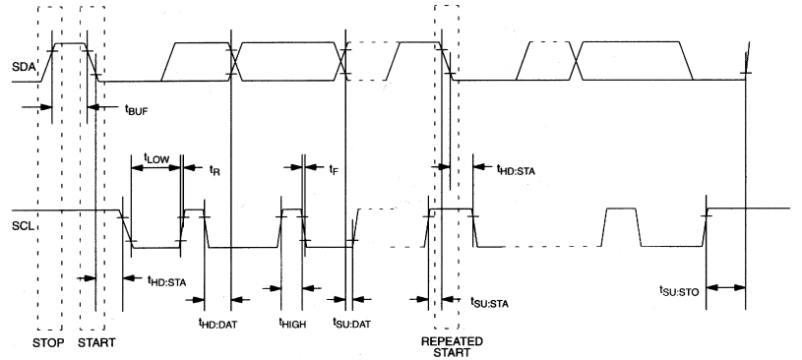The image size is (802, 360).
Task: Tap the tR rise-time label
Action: tap(215, 168)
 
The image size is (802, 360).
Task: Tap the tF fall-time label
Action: tap(333, 168)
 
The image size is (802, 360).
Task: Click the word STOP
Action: tap(49, 344)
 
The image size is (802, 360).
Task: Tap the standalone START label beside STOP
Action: tap(96, 344)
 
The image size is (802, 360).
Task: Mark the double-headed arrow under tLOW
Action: tap(156, 168)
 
